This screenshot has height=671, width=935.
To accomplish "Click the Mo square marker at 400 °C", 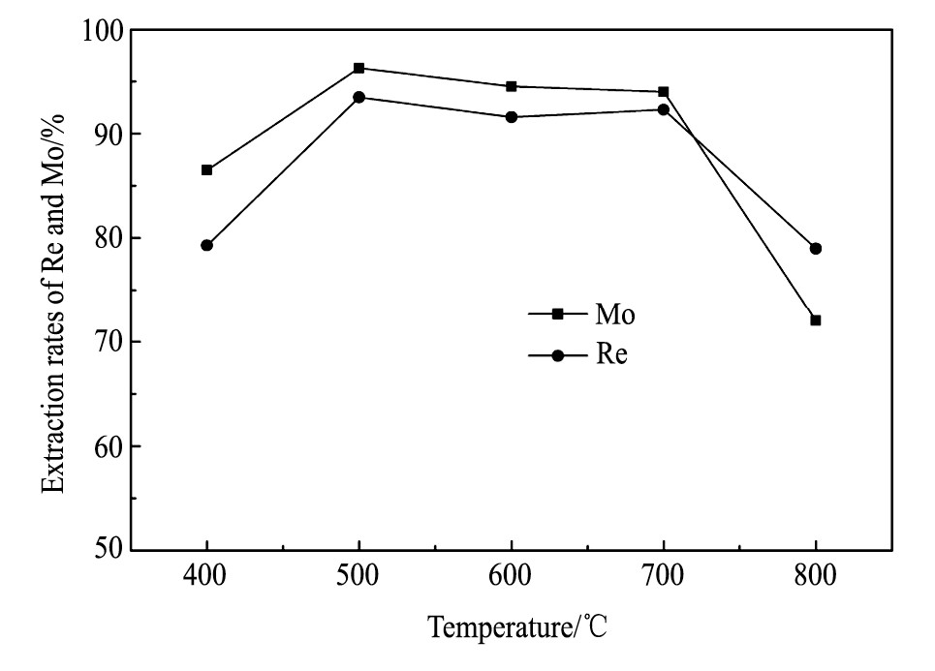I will click(206, 170).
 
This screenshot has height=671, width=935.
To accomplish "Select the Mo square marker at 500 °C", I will click(358, 68).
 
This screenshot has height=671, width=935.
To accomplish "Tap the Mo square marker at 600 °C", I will click(511, 86).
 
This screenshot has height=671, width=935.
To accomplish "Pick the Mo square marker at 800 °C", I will click(815, 320).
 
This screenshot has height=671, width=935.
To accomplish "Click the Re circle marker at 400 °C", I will click(206, 245).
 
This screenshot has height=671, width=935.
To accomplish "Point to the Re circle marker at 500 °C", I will click(358, 97).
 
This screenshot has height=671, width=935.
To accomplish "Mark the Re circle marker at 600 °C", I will click(511, 117).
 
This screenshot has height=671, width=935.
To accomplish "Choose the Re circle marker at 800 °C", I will click(815, 249).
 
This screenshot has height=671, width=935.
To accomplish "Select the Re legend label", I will click(611, 355).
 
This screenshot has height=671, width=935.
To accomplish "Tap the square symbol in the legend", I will click(557, 314).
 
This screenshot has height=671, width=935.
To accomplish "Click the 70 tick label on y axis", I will click(104, 343).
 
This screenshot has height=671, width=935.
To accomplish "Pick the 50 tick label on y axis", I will click(104, 550).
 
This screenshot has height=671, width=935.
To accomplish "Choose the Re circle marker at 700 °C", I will click(663, 109).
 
